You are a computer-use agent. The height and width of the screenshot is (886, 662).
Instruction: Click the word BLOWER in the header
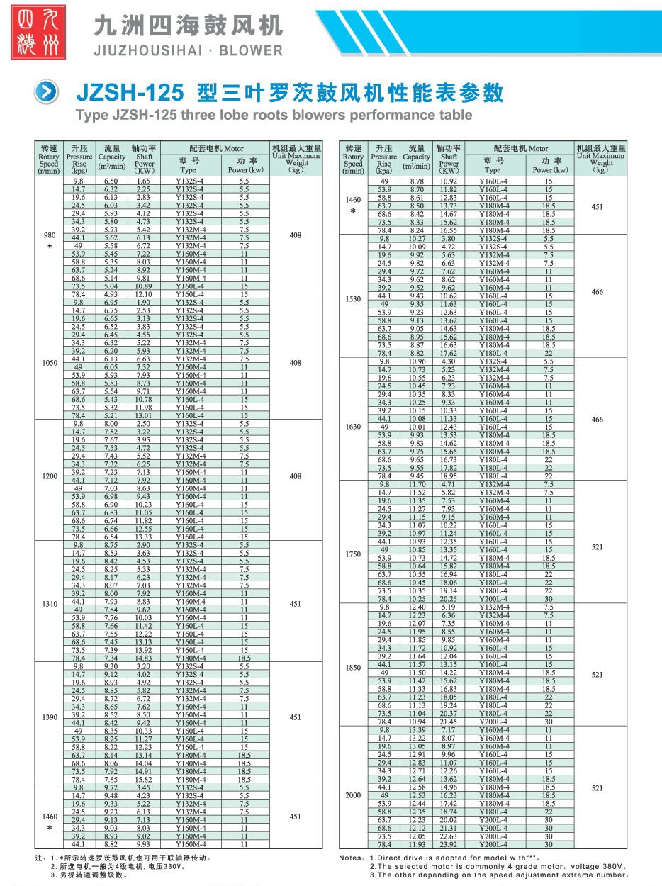(251, 50)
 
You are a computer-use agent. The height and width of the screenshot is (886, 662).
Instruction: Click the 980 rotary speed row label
(49, 235)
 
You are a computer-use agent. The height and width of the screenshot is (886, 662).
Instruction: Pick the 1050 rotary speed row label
(49, 362)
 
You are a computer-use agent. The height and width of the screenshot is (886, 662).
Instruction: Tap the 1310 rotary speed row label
(49, 604)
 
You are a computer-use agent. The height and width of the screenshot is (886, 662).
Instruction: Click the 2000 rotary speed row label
(352, 795)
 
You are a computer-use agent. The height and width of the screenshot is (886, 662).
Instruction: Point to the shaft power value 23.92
(448, 844)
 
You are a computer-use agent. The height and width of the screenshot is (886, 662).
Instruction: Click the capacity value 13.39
(417, 729)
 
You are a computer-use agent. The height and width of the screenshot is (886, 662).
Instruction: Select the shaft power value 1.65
(143, 181)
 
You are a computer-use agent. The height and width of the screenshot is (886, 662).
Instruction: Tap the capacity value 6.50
(111, 181)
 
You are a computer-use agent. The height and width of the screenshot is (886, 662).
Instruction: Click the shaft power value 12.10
(143, 294)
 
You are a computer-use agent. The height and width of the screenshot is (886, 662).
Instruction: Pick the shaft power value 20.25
(448, 599)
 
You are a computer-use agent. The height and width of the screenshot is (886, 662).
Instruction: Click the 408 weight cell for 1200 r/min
(296, 476)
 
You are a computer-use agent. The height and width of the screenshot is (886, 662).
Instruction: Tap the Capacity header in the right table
(416, 157)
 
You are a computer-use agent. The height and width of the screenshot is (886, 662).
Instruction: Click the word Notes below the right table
(352, 858)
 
